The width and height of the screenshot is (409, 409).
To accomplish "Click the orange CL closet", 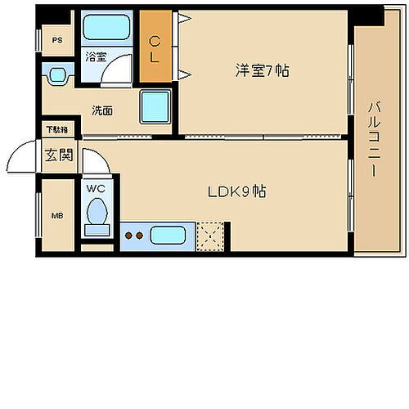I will click(x=155, y=47).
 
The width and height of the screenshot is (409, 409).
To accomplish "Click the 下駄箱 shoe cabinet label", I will click(x=56, y=130).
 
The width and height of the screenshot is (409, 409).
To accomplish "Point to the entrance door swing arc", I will click(x=25, y=155).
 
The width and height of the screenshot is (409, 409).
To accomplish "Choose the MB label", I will click(x=56, y=216).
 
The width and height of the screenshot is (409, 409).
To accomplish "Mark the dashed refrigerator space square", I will click(x=213, y=236).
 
